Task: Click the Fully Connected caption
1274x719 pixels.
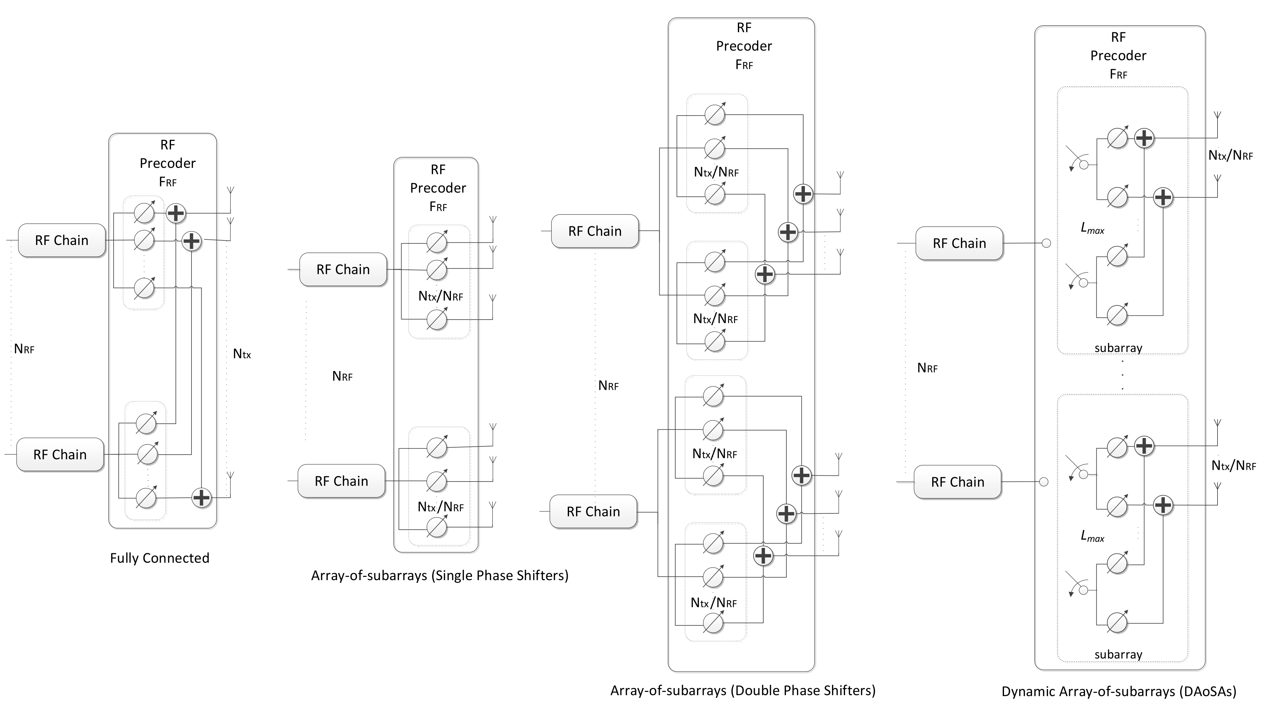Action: [x=159, y=558]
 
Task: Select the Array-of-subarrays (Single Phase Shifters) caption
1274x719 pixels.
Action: [x=440, y=576]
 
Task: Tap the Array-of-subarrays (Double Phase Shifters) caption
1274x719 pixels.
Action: [x=743, y=690]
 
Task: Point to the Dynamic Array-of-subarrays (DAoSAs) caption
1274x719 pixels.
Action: [x=1119, y=691]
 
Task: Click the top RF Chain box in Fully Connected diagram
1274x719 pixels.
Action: [x=62, y=240]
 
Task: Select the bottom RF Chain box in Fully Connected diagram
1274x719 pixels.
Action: [x=60, y=455]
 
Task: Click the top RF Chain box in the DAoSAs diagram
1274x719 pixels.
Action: [x=959, y=244]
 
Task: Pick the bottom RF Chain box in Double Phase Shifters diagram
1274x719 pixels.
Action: [x=593, y=512]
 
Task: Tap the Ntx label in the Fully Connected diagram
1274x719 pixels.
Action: [x=242, y=354]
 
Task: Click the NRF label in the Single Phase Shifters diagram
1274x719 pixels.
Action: [x=342, y=376]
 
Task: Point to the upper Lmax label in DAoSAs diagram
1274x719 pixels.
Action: [x=1092, y=229]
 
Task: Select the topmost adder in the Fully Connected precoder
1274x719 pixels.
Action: [x=176, y=213]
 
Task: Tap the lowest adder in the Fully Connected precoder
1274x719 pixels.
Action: [x=201, y=498]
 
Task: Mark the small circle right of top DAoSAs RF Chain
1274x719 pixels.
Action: [x=1046, y=244]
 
